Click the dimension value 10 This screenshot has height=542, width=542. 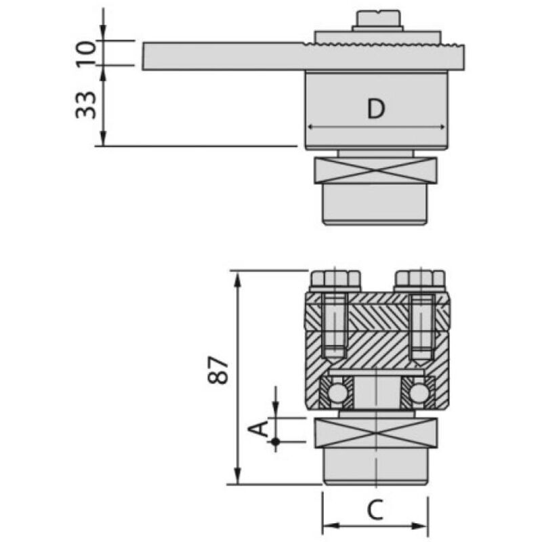click(87, 53)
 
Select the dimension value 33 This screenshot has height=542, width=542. click(87, 104)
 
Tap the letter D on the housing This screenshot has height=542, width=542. click(376, 109)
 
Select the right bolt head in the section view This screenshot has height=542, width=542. click(420, 278)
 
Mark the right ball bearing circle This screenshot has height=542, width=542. click(419, 392)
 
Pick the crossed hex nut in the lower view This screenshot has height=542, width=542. click(377, 433)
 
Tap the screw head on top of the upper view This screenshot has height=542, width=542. click(378, 19)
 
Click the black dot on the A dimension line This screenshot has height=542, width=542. click(276, 442)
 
